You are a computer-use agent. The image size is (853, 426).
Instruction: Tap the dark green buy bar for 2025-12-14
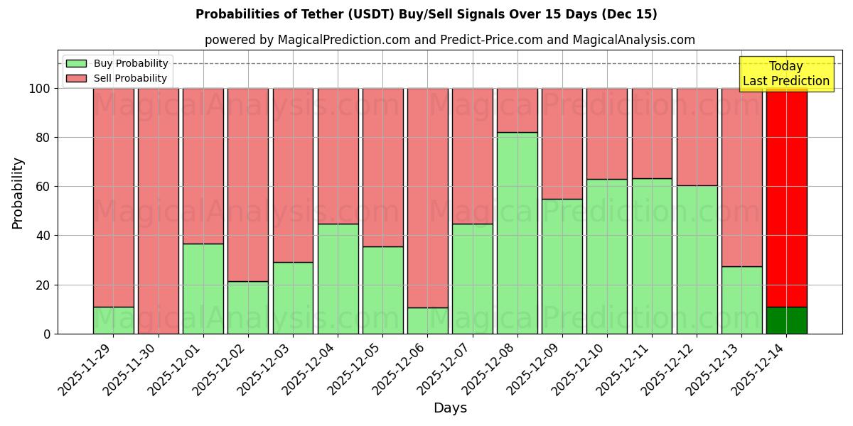(x=786, y=320)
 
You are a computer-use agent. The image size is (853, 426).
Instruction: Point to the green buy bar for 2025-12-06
(x=427, y=320)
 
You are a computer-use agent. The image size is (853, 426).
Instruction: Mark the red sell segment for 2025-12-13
(x=741, y=177)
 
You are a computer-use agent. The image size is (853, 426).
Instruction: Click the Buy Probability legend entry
(x=117, y=63)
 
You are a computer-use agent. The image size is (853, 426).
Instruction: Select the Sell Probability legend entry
(x=117, y=78)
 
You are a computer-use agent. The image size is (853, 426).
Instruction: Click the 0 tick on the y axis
(x=47, y=334)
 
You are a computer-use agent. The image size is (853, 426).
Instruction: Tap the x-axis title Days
(x=450, y=408)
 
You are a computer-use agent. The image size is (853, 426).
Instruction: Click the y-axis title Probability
(x=18, y=193)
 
